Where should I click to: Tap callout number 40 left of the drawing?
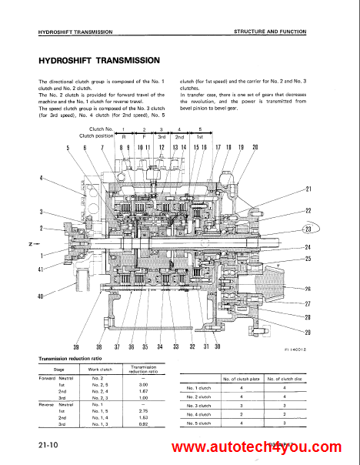tap(40, 296)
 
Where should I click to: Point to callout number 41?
tap(40, 269)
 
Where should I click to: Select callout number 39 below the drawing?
tap(76, 346)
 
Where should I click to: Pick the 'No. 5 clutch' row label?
tap(200, 422)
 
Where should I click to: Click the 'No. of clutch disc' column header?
tap(285, 379)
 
